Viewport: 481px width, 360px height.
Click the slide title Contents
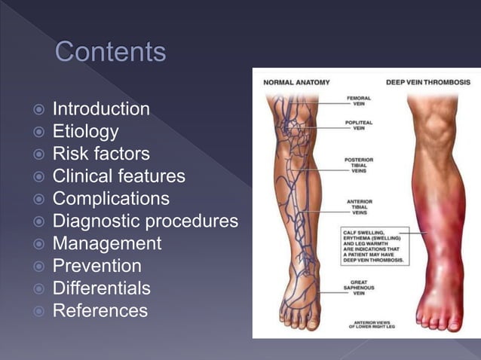pyautogui.click(x=110, y=53)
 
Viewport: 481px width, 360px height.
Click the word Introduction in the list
pyautogui.click(x=100, y=110)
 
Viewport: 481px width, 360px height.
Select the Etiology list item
pyautogui.click(x=85, y=132)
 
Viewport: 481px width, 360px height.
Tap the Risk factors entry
pyautogui.click(x=100, y=154)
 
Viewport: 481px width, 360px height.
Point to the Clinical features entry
pyautogui.click(x=118, y=177)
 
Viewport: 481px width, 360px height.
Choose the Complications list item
pyautogui.click(x=110, y=199)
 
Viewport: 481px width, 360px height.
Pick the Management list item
pyautogui.click(x=106, y=244)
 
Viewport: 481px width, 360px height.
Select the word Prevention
pyautogui.click(x=97, y=266)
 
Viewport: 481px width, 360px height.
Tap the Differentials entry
pyautogui.click(x=101, y=288)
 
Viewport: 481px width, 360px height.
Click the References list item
pyautogui.click(x=100, y=310)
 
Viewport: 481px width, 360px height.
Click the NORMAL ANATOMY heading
pyautogui.click(x=296, y=82)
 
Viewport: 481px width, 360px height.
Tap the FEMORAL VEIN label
pyautogui.click(x=359, y=101)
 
